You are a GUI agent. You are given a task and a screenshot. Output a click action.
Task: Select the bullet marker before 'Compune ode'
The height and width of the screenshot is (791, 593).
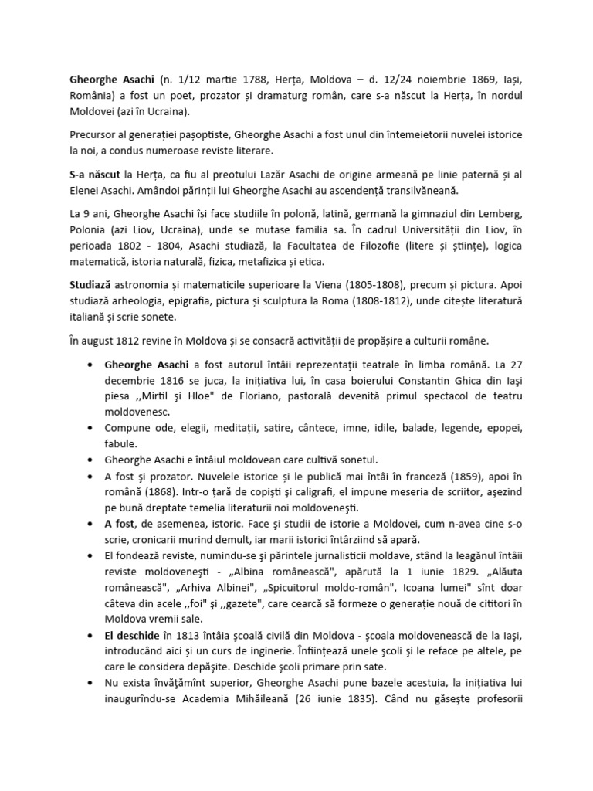(92, 429)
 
